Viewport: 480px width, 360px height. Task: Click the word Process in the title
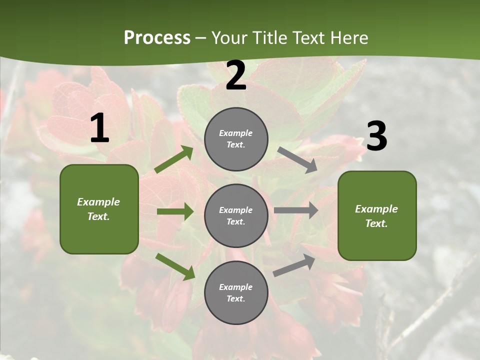(157, 38)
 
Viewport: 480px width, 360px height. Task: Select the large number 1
(99, 128)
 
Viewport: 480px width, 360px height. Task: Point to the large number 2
(236, 76)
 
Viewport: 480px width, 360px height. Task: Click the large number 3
(376, 136)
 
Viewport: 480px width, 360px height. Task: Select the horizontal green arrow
(175, 211)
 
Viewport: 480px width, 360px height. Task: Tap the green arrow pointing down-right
(175, 266)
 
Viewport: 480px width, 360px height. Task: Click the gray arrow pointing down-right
(297, 160)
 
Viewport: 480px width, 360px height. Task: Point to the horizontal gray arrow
(296, 210)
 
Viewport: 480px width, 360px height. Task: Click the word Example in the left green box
(98, 202)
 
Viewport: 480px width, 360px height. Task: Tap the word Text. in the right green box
(376, 223)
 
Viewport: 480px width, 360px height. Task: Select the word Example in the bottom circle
(235, 287)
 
